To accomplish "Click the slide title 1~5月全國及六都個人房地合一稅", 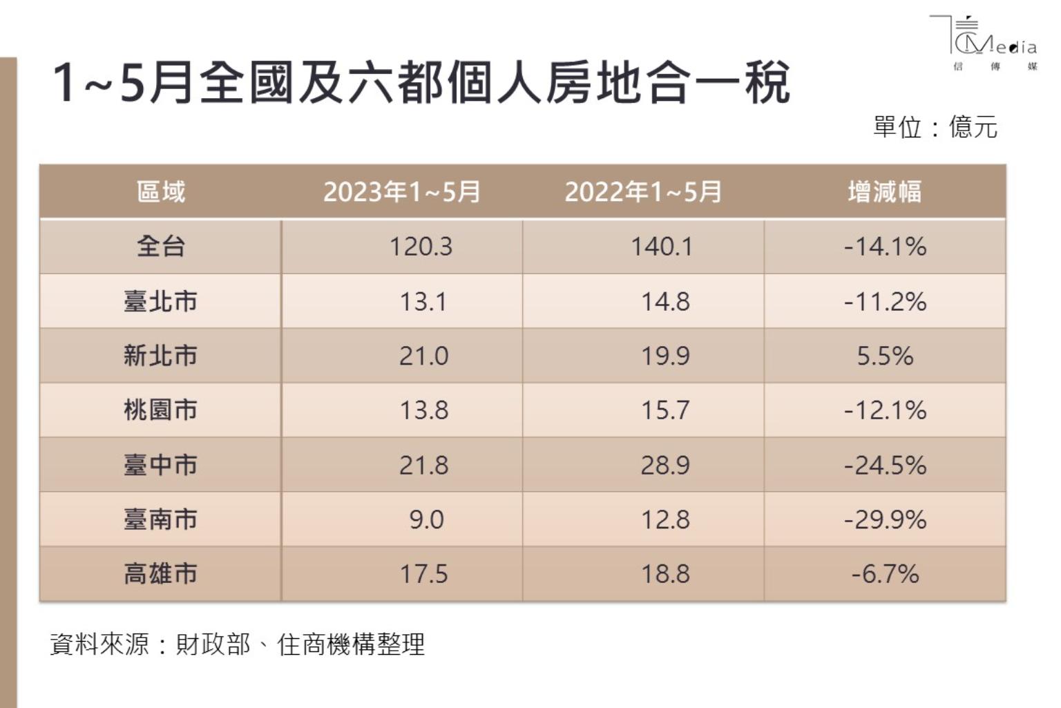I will (421, 83).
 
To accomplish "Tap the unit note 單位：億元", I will (935, 127).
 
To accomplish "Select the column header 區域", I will (161, 191).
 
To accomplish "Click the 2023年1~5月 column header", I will (401, 191).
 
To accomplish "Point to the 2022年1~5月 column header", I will (643, 191).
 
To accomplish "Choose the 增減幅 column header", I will (885, 191).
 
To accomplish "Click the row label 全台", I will (161, 246).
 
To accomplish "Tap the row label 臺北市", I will (161, 301).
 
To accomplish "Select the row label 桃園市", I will (161, 410).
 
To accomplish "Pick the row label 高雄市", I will (161, 573).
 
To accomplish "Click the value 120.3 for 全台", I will (421, 247).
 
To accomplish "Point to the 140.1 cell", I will (661, 247).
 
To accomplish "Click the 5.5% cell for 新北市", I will (885, 356).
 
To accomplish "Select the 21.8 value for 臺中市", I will (423, 465).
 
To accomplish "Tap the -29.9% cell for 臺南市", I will (885, 519).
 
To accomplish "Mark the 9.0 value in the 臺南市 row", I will (426, 519).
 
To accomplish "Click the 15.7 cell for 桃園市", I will (665, 410).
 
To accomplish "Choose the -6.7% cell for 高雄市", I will (885, 574).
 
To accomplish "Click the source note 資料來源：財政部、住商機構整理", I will (237, 644).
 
